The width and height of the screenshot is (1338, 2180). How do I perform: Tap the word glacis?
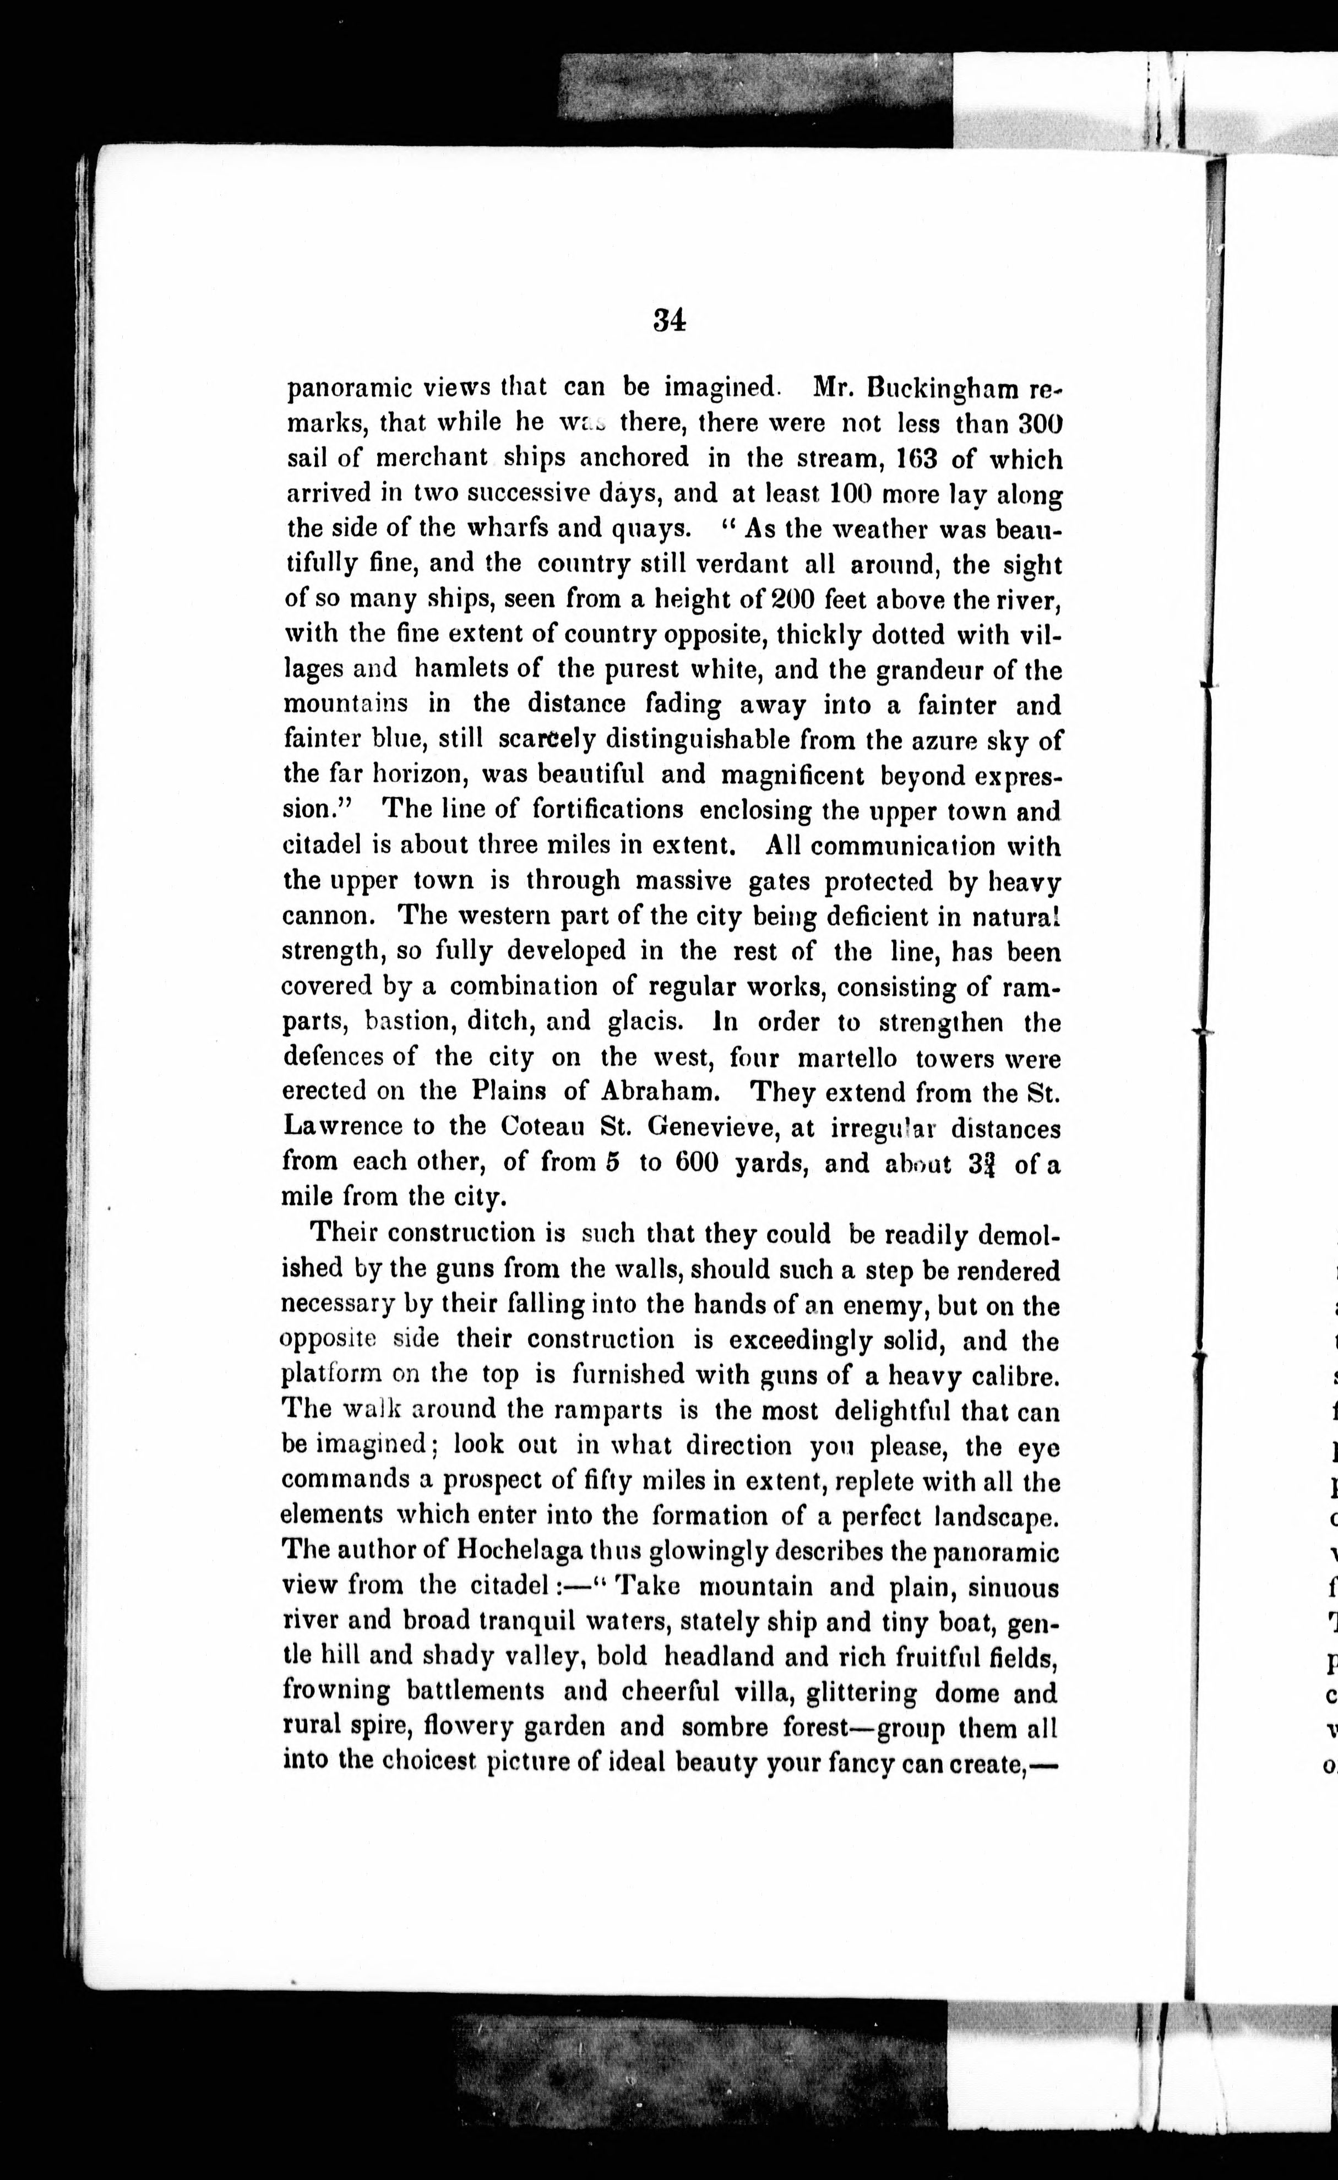[x=645, y=1021]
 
